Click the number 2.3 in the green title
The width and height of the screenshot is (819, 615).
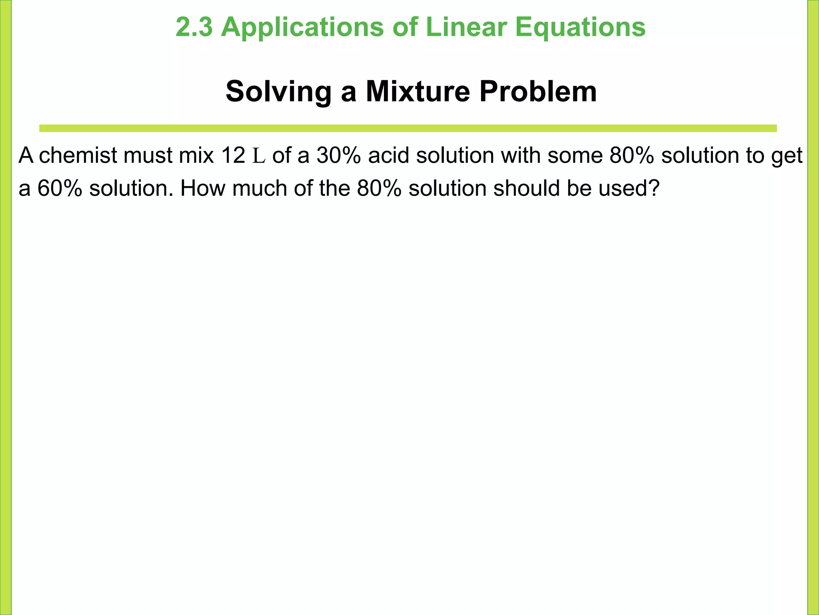(194, 27)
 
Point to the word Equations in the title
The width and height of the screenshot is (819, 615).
(580, 27)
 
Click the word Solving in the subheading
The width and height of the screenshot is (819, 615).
(278, 92)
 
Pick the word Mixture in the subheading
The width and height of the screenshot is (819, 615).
(418, 92)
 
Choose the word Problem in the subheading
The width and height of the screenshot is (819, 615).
(538, 92)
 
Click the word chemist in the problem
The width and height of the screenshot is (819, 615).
(78, 155)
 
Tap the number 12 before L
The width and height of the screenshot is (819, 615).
(233, 155)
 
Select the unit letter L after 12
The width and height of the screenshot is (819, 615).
(259, 156)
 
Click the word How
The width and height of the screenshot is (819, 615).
(202, 188)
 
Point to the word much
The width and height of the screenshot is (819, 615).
(260, 188)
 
